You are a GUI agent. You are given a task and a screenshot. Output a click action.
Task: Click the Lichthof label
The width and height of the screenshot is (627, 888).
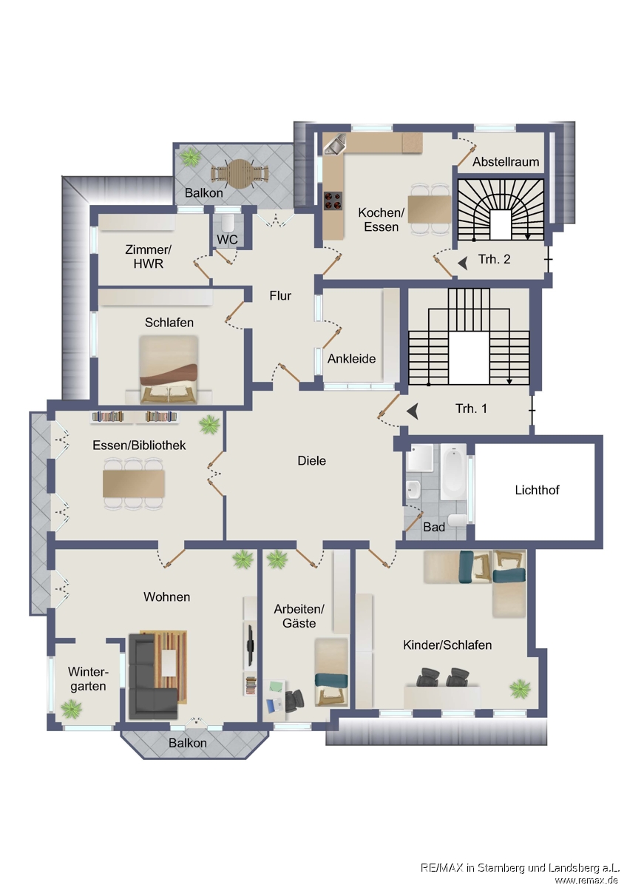(537, 490)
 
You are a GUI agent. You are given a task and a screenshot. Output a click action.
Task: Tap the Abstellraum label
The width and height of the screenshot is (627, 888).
(506, 162)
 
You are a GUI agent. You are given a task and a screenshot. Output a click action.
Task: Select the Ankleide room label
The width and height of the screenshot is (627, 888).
(351, 359)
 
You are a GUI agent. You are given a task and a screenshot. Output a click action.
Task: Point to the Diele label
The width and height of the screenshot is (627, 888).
(312, 460)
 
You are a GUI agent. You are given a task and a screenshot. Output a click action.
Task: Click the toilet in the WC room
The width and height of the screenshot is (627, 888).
(227, 223)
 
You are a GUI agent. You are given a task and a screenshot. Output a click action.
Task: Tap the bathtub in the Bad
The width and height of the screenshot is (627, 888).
(453, 471)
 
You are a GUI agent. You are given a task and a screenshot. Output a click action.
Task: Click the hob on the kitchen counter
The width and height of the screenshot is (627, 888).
(333, 201)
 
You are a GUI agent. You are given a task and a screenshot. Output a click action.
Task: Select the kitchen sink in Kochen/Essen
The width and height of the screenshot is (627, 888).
(335, 143)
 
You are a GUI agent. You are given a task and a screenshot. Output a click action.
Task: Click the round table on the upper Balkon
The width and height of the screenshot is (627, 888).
(240, 174)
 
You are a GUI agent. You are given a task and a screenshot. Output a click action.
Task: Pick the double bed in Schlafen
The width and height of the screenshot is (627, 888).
(169, 369)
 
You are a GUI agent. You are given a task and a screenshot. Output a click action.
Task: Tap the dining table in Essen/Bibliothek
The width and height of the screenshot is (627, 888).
(134, 483)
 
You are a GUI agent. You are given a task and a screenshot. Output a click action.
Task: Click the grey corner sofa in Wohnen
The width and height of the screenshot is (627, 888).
(152, 676)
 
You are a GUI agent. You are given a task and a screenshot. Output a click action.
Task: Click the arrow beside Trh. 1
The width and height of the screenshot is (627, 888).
(413, 411)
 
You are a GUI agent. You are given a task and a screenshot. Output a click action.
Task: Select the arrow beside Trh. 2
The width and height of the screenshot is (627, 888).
(463, 263)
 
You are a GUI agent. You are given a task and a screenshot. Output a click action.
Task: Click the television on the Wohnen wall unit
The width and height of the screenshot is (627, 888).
(250, 645)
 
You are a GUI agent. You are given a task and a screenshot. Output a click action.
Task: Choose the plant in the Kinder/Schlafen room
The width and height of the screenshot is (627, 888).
(520, 689)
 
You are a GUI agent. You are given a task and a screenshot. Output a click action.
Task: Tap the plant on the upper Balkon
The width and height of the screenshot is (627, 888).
(191, 156)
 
